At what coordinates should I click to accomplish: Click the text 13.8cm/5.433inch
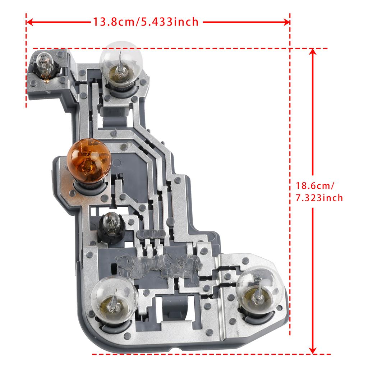tap(146, 22)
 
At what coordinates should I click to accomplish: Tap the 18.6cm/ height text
tap(315, 186)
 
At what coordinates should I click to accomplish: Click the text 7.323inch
tap(319, 198)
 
